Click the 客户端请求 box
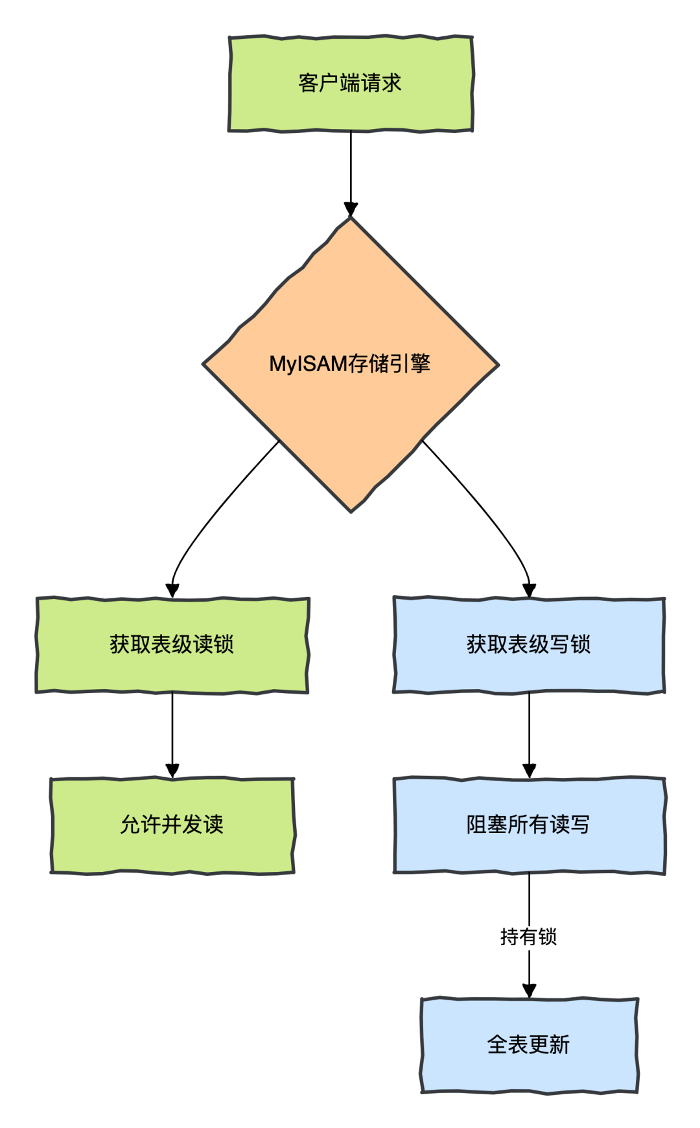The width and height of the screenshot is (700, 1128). pos(351,84)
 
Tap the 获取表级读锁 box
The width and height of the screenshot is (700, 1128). pos(172,645)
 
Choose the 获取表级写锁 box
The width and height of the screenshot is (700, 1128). pos(529,645)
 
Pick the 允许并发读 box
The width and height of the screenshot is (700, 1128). pos(172,825)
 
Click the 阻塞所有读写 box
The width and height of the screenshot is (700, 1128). pos(529,825)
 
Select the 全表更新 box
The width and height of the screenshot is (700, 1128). pos(529,1045)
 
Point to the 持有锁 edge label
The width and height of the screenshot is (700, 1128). pos(529,937)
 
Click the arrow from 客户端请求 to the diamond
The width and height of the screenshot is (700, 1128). pos(351,169)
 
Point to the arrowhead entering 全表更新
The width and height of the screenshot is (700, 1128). pos(529,991)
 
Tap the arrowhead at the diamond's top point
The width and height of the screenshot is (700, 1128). pos(351,209)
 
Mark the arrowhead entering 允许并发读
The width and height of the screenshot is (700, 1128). pos(172,770)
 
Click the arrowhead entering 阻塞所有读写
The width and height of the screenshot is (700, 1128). pos(529,770)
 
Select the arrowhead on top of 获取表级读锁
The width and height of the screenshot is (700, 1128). pos(172,590)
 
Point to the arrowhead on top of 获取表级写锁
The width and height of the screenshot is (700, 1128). pos(529,590)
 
